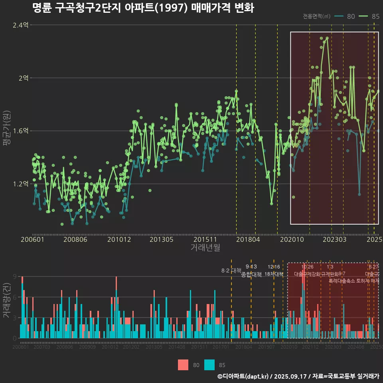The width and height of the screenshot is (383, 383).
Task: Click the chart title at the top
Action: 143,8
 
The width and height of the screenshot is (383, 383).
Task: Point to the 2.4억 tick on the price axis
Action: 21,25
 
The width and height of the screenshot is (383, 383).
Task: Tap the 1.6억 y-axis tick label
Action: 21,131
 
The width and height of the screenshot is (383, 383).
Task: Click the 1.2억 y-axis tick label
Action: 21,184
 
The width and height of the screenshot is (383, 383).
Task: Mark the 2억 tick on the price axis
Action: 23,78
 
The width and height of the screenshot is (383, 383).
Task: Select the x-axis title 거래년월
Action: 205,248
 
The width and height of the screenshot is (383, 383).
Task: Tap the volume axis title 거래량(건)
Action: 7,301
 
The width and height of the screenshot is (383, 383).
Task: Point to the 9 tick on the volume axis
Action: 15,276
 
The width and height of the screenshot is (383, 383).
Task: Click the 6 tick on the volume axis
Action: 15,297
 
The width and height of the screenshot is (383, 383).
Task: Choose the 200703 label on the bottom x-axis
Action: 42,347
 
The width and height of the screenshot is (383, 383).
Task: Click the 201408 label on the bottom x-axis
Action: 176,347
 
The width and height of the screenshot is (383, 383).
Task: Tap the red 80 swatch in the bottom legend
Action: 183,365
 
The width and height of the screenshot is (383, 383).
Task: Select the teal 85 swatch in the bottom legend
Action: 209,365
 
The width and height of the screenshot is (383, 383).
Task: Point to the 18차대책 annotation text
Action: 274,274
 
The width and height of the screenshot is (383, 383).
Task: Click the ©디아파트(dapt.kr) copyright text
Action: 243,376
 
